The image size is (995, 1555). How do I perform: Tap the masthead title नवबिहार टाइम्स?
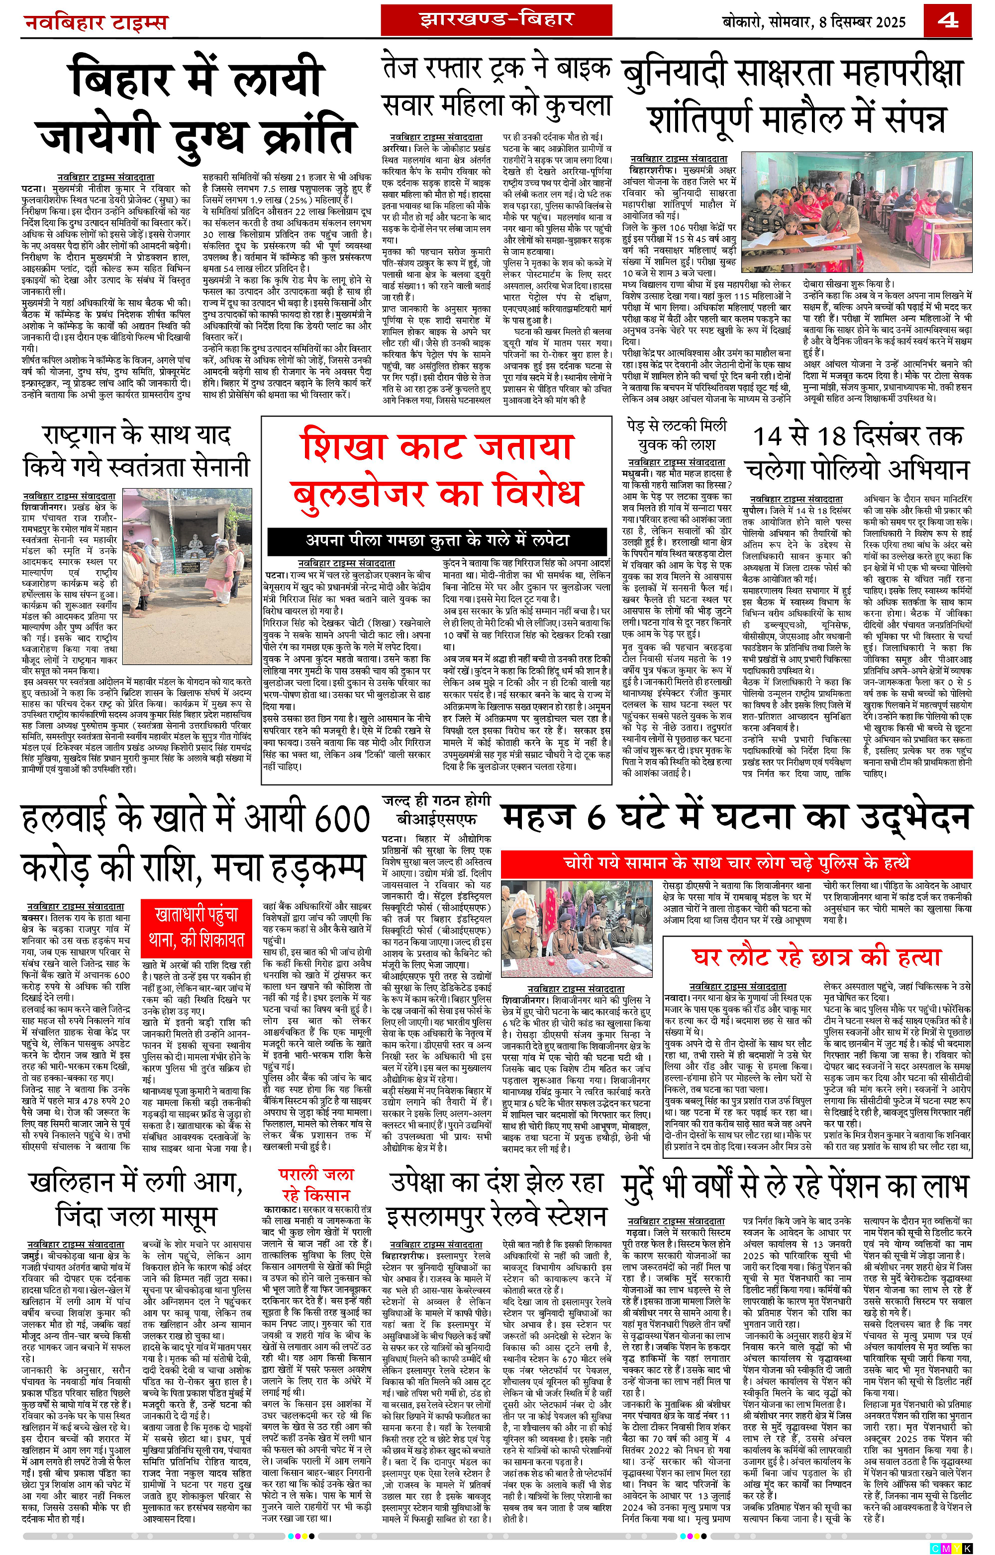[96, 22]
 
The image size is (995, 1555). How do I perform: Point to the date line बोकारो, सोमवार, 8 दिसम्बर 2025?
[814, 22]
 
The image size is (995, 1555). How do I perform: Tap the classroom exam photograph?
[856, 211]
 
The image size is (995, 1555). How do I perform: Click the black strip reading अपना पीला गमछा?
[437, 540]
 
